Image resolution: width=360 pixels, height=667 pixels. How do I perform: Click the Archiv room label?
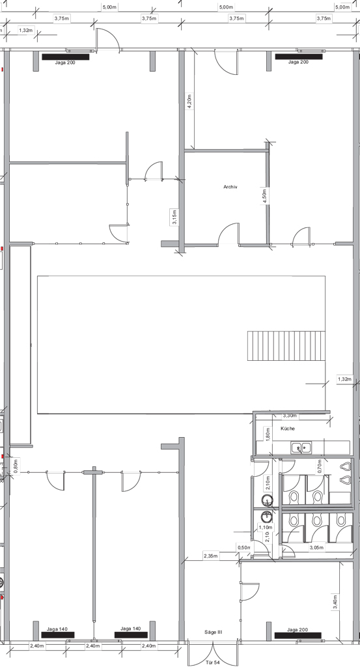tap(230, 187)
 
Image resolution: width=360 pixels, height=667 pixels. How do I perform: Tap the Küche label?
tap(287, 429)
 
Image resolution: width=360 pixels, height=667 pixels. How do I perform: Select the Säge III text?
tap(214, 632)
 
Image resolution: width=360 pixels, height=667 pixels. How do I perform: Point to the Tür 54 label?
tap(213, 662)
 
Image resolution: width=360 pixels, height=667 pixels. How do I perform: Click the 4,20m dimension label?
tap(189, 102)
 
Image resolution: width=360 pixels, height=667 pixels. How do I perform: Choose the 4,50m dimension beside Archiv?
tap(264, 197)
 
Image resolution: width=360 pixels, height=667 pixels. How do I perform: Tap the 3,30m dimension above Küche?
tap(290, 416)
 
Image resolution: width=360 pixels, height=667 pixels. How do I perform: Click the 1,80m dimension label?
tap(268, 434)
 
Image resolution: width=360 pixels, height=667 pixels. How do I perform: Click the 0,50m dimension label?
tap(243, 547)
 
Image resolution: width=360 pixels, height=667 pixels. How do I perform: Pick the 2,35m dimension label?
tap(211, 556)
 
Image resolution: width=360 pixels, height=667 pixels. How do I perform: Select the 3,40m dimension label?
tap(335, 601)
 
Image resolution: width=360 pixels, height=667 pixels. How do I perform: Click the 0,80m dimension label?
tap(16, 466)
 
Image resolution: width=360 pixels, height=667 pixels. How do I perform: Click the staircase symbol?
tap(286, 346)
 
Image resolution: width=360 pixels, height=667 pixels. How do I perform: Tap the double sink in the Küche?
tap(301, 447)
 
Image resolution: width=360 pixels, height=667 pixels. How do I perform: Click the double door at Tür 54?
tap(213, 651)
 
